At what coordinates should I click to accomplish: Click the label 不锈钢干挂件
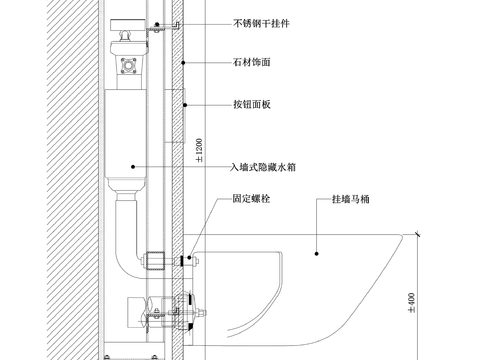click(261, 20)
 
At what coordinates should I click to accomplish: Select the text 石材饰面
click(250, 62)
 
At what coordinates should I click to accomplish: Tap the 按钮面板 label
click(250, 104)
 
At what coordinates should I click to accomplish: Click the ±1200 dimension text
click(199, 147)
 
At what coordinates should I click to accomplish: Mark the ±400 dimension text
click(410, 300)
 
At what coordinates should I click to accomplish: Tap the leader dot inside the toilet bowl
click(317, 241)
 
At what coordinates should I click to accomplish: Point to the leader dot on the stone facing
click(181, 62)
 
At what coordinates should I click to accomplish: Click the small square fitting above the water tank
click(129, 67)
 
